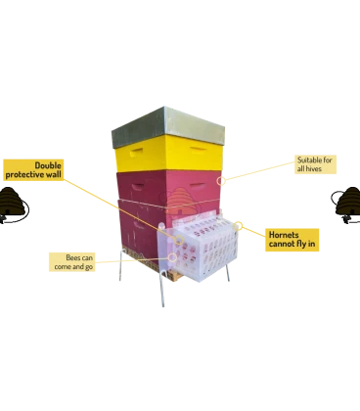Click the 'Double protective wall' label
tap(33, 169)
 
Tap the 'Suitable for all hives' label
tap(315, 164)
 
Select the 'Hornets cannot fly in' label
tap(292, 240)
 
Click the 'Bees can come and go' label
tap(72, 262)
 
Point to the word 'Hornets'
tap(284, 235)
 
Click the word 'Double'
tap(48, 165)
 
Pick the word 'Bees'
tap(73, 257)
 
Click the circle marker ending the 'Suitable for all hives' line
tap(221, 180)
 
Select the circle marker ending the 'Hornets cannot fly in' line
tap(239, 226)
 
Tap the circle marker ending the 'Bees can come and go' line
tap(173, 257)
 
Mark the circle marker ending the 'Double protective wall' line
tap(179, 241)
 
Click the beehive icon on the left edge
tap(13, 205)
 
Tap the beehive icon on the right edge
tap(346, 205)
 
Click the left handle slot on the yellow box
tap(136, 152)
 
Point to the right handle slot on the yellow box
tap(198, 150)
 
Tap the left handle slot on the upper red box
tap(137, 187)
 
